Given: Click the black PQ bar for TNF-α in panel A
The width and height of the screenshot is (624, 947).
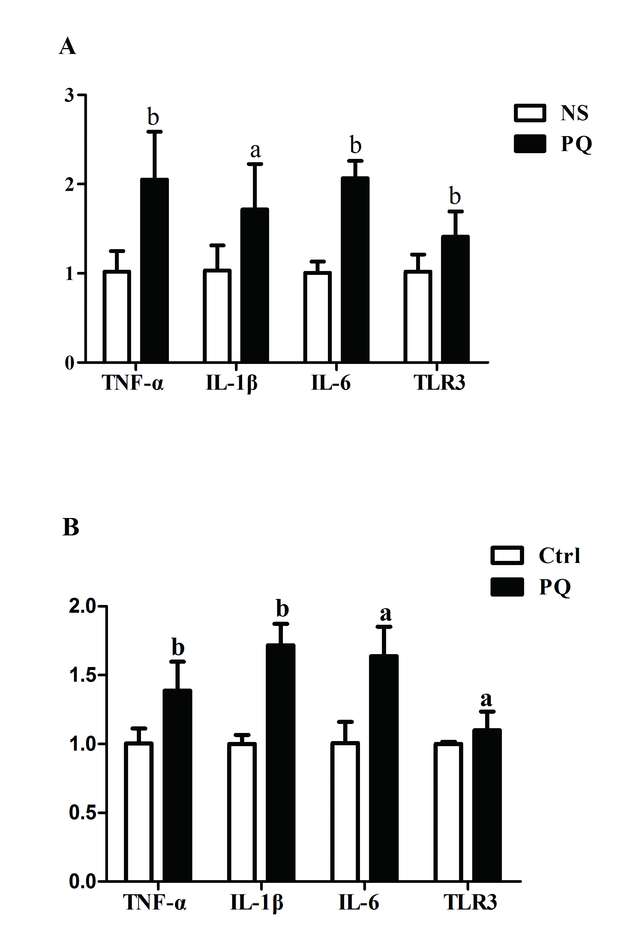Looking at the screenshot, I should click(x=154, y=271).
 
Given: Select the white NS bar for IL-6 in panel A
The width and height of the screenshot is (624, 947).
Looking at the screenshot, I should click(x=317, y=317).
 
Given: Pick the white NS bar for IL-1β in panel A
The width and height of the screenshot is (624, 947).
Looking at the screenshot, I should click(x=217, y=316).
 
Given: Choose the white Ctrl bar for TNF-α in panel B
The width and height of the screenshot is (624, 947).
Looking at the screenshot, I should click(x=139, y=812).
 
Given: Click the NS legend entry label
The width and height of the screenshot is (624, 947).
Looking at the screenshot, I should click(x=574, y=113).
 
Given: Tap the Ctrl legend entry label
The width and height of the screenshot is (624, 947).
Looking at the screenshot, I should click(x=559, y=555).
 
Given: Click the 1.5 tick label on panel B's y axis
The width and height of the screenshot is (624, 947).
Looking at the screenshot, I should click(x=82, y=675).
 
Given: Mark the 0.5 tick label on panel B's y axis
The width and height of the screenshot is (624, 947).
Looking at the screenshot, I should click(x=82, y=812).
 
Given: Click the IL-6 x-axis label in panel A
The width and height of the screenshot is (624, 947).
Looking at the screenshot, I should click(x=331, y=383).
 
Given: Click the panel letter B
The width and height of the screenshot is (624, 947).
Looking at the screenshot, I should click(x=71, y=527).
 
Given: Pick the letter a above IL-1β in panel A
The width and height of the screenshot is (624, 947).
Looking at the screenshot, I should click(x=255, y=150).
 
